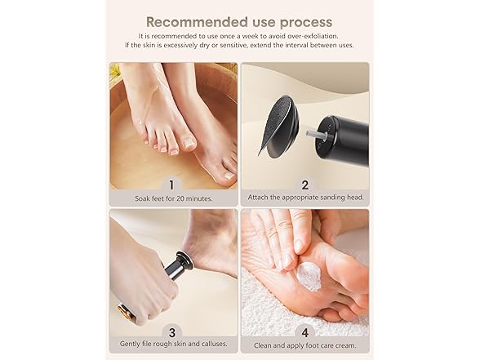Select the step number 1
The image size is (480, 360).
(x=171, y=184)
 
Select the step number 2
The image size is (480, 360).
(x=304, y=184)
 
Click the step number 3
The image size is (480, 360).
(x=171, y=331)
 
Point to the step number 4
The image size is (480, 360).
(x=304, y=331)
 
